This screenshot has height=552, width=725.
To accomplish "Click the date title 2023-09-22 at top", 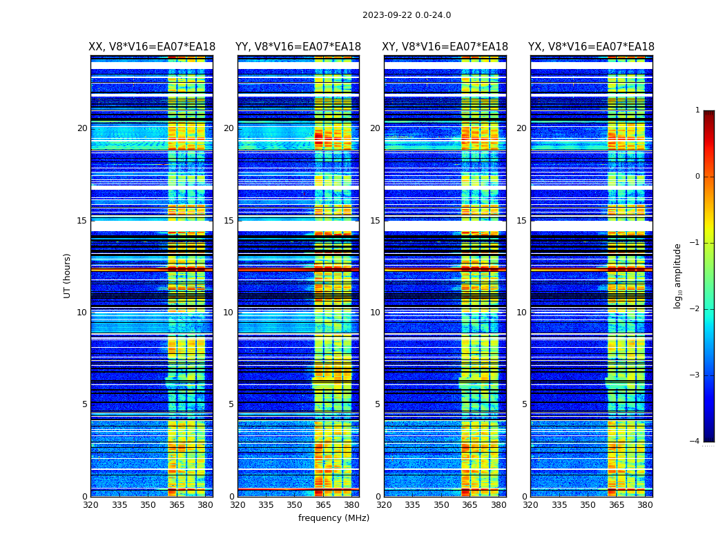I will [x=406, y=15].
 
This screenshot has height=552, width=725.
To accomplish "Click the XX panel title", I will [x=152, y=47].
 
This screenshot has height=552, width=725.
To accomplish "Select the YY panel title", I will [x=298, y=47].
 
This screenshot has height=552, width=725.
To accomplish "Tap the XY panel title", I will [x=445, y=47].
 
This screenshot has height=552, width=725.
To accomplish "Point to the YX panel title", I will [x=591, y=47].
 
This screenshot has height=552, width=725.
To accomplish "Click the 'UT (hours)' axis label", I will [x=67, y=275].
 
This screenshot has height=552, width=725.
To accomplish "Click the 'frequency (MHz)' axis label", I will [x=333, y=518].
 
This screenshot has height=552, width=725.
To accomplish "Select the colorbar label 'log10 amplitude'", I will [x=677, y=275].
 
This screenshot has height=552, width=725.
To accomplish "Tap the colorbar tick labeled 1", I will [x=697, y=110].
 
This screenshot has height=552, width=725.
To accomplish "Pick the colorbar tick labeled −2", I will [x=696, y=310].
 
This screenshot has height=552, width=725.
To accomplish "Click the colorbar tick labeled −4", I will [x=696, y=442].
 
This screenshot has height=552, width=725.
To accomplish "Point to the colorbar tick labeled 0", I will [x=697, y=177].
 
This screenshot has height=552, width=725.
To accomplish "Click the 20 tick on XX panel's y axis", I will [x=82, y=128].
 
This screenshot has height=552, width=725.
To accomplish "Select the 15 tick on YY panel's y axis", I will [x=229, y=221].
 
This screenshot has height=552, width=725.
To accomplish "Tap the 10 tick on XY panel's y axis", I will [x=375, y=313].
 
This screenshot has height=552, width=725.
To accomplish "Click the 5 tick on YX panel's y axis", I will [x=524, y=404].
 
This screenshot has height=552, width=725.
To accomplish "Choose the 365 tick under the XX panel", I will [x=177, y=505].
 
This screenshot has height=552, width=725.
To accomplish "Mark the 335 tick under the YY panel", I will [x=267, y=505].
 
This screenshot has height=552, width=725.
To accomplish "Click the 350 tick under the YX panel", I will [x=588, y=505].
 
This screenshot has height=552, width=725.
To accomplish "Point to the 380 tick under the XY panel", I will [x=499, y=505].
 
